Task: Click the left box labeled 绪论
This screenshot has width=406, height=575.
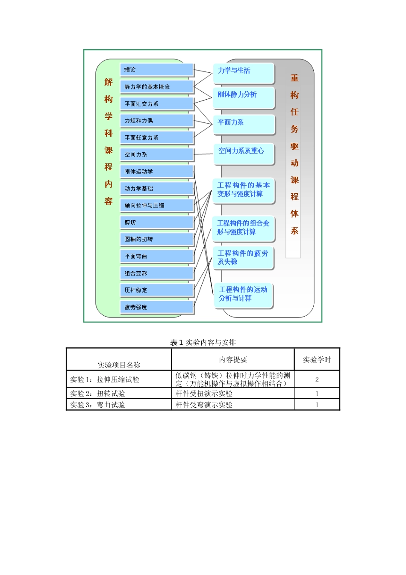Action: (x=156, y=70)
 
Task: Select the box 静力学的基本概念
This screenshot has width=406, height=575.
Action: (x=156, y=87)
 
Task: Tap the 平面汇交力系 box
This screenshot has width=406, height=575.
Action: (x=156, y=104)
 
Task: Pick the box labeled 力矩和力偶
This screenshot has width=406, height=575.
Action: (x=156, y=121)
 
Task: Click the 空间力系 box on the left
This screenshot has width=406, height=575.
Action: (x=156, y=154)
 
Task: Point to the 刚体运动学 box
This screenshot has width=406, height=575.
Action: (x=156, y=172)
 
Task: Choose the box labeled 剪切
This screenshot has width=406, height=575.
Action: (x=156, y=222)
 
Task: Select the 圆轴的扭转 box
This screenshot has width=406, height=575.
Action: (x=156, y=239)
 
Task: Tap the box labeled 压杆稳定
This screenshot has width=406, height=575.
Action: (x=156, y=290)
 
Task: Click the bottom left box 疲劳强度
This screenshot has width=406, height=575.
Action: (x=156, y=307)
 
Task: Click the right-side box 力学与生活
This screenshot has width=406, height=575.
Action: (x=243, y=73)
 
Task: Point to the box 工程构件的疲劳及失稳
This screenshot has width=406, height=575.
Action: (x=243, y=258)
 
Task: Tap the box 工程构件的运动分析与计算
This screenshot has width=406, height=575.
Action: (x=243, y=294)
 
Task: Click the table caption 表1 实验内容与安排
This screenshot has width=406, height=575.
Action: (x=203, y=342)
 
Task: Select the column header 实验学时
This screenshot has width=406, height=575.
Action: (x=317, y=360)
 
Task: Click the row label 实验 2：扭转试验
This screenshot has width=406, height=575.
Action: (x=98, y=394)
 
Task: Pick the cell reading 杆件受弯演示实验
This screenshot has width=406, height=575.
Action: (x=204, y=405)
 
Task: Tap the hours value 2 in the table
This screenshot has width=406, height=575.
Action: (x=317, y=379)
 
